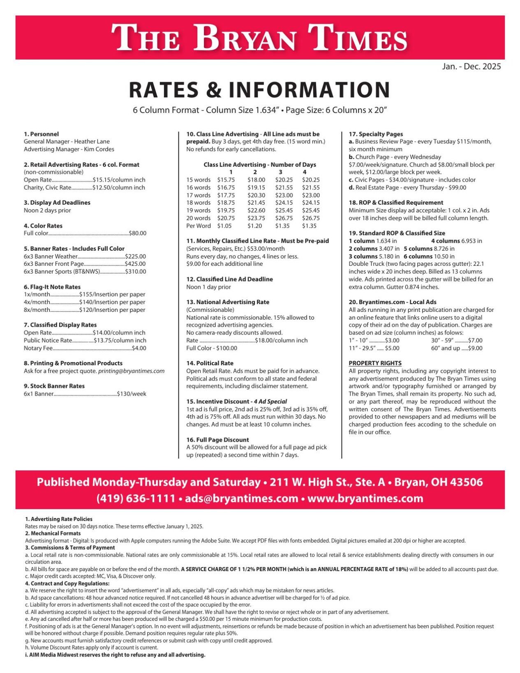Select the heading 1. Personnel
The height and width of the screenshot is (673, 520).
click(x=41, y=134)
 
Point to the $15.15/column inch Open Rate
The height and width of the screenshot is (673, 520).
click(x=119, y=180)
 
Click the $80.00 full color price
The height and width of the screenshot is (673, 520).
click(x=137, y=233)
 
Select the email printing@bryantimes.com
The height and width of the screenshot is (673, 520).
click(x=131, y=371)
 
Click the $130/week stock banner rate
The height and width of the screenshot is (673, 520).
click(x=132, y=394)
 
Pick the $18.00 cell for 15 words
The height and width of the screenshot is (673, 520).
click(x=256, y=180)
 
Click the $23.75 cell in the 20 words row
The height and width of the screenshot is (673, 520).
click(x=256, y=218)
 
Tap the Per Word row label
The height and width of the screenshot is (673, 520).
click(x=198, y=226)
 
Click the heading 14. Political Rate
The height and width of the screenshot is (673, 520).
click(x=210, y=363)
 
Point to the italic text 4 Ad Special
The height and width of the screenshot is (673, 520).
click(x=270, y=401)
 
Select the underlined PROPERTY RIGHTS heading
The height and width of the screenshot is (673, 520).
click(x=375, y=363)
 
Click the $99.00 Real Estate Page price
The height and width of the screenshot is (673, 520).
click(x=457, y=187)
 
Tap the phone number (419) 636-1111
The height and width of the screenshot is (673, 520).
click(x=136, y=498)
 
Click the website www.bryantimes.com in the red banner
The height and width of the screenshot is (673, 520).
click(x=365, y=498)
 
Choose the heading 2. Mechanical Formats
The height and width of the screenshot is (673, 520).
click(x=53, y=533)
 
